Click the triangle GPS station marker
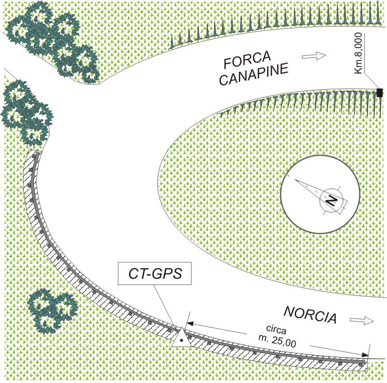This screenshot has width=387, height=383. [x=181, y=338]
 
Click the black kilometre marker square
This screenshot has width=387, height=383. [x=379, y=92]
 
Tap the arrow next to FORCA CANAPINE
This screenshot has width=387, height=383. [x=313, y=56]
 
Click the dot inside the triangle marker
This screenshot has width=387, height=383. [x=181, y=341]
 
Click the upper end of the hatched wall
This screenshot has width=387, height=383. [x=34, y=154]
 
